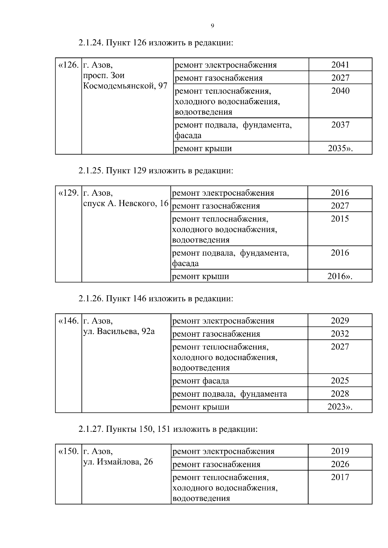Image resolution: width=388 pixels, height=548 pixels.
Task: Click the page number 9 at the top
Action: (x=212, y=26)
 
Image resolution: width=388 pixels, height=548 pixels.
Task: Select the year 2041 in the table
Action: (x=340, y=65)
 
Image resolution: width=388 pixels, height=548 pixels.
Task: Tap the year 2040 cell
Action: (x=340, y=91)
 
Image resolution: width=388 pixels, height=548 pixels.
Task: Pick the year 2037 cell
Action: (x=340, y=125)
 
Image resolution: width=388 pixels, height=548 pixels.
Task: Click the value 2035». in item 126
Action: (x=340, y=148)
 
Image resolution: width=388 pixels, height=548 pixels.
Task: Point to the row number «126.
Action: (x=68, y=65)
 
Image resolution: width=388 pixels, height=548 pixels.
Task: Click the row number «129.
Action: (x=68, y=193)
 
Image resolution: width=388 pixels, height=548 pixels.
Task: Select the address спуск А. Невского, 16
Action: (x=126, y=203)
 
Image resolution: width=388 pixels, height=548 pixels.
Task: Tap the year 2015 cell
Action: (x=340, y=219)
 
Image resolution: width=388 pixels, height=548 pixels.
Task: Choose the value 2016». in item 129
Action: (x=340, y=276)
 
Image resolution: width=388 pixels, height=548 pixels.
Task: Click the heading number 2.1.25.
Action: (x=91, y=171)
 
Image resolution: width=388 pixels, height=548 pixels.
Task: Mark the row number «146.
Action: (x=68, y=321)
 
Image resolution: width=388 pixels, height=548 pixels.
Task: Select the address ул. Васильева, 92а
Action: (x=119, y=331)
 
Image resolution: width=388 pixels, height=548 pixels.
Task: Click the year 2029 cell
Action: (x=340, y=321)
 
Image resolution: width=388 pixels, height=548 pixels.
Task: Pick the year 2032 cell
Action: (x=340, y=334)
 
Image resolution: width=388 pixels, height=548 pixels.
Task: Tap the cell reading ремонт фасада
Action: (x=201, y=381)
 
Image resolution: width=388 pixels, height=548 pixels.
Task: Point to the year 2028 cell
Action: (x=340, y=394)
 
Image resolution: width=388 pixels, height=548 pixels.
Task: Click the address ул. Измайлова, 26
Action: (x=118, y=462)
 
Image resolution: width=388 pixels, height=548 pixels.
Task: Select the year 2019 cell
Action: (x=340, y=451)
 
